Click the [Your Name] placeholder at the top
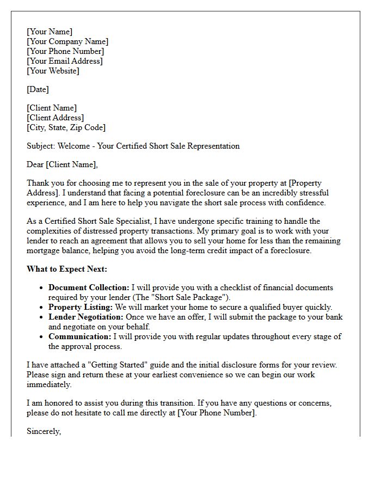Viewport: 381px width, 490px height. click(50, 32)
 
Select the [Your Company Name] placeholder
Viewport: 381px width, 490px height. click(67, 41)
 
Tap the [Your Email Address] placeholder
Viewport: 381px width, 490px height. click(65, 61)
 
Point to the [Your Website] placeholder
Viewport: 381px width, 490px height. click(53, 71)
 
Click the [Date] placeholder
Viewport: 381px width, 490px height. click(38, 89)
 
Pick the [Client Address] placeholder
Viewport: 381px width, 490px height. click(55, 118)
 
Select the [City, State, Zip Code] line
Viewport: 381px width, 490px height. click(66, 127)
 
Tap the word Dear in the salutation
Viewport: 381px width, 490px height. click(35, 164)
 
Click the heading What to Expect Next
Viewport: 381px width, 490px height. click(67, 269)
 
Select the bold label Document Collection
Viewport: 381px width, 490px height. click(89, 287)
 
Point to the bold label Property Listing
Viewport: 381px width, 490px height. click(80, 307)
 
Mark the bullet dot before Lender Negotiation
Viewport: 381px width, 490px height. click(42, 317)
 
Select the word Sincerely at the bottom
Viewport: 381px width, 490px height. click(44, 431)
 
